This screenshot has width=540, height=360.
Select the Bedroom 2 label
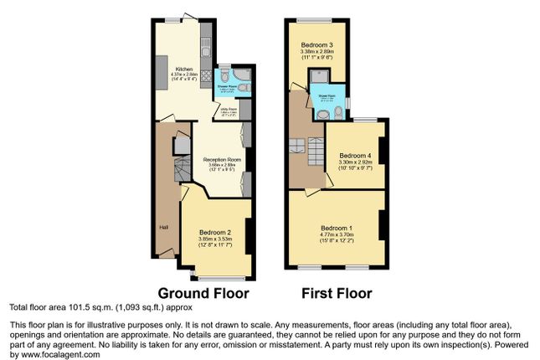(x=215, y=232)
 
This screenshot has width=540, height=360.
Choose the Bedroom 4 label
(x=357, y=156)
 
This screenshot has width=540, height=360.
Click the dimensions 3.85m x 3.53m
(x=215, y=239)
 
